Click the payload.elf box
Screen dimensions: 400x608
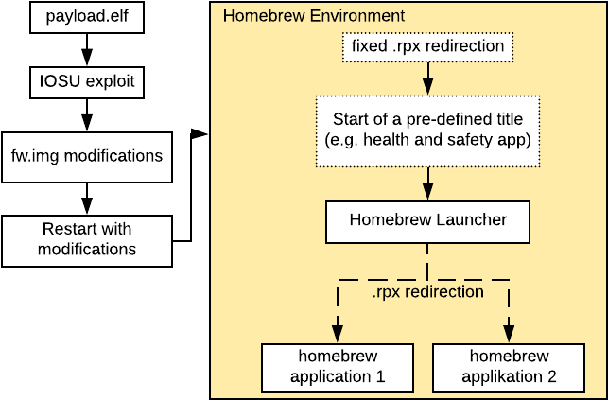[x=86, y=18]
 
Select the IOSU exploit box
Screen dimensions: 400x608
[x=86, y=82]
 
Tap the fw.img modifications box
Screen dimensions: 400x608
[x=86, y=156]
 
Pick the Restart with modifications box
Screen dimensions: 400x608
[x=86, y=240]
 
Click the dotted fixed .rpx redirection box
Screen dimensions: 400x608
[x=427, y=46]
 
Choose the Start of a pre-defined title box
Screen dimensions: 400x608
[x=427, y=130]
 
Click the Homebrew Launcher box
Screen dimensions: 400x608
[x=427, y=221]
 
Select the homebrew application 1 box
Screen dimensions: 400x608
[x=338, y=367]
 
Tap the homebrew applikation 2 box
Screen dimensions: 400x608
[x=509, y=367]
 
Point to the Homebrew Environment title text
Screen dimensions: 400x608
[x=287, y=16]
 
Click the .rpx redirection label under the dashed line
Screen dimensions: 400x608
[x=427, y=292]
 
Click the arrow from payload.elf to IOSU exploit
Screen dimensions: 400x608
[x=87, y=47]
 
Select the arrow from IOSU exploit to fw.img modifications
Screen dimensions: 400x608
[x=87, y=115]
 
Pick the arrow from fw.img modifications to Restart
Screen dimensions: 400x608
[x=87, y=200]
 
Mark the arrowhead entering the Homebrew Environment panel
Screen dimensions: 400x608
[x=200, y=135]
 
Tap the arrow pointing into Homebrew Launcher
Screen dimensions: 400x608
[x=428, y=185]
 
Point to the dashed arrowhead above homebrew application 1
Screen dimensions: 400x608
[x=338, y=333]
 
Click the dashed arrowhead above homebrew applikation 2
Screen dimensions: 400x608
[x=509, y=333]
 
